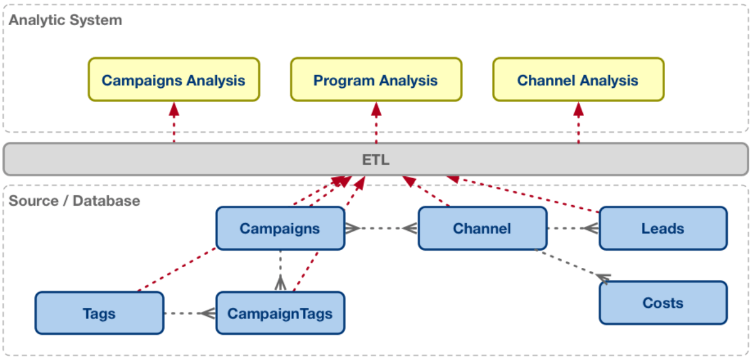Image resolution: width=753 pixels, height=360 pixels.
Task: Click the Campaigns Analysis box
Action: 173,80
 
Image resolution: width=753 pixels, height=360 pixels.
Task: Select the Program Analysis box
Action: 375,80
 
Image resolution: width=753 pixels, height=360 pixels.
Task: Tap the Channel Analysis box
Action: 578,80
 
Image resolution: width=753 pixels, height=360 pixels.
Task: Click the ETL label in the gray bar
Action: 375,160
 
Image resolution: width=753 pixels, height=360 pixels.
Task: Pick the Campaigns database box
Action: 280,229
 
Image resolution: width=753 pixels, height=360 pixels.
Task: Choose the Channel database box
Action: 482,229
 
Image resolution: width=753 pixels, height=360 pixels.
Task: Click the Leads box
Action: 663,229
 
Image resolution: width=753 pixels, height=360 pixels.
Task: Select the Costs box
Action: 663,303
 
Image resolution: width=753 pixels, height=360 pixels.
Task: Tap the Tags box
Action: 99,313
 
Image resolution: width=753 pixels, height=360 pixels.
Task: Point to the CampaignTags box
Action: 280,313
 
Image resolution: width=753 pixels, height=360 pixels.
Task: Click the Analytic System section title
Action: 65,20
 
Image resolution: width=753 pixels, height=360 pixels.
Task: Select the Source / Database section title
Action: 74,200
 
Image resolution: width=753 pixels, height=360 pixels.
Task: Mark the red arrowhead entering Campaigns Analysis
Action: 174,109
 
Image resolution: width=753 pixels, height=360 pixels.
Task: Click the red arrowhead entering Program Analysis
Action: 376,109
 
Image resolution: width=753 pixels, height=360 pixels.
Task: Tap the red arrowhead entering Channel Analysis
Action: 578,109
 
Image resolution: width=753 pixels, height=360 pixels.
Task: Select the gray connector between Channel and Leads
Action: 571,229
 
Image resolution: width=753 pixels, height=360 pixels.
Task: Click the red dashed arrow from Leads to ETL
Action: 522,194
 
